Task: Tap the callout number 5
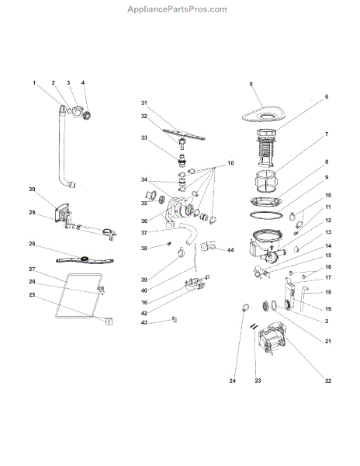pos(251,83)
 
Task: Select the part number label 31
pos(144,103)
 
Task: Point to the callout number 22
pos(327,380)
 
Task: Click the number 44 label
pos(230,249)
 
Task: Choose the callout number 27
pos(33,269)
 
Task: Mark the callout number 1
pos(34,83)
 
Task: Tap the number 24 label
pos(232,381)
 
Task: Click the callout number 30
pos(33,190)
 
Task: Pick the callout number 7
pos(327,134)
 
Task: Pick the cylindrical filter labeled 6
pos(270,148)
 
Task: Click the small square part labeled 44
pos(206,247)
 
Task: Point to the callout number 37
pos(144,231)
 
